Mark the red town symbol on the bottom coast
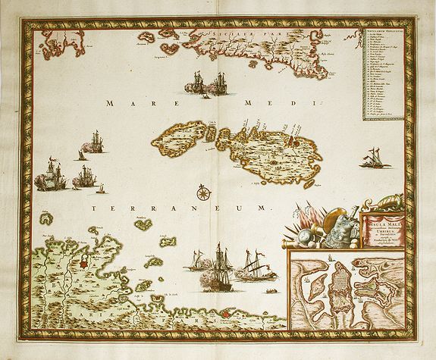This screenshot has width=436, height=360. (224, 310)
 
